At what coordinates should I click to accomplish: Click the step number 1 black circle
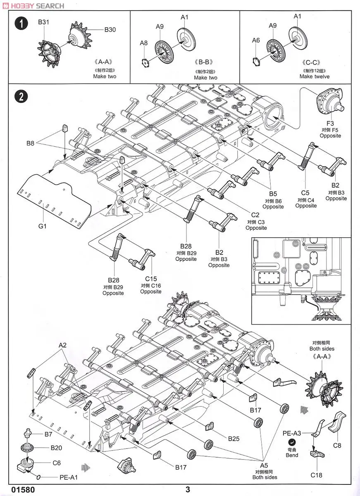21,24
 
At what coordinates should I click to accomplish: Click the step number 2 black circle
21,96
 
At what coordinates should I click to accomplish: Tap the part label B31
43,22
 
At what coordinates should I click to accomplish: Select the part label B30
110,29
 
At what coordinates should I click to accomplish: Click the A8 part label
143,43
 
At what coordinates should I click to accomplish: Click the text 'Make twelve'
315,76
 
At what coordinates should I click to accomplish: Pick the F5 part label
330,123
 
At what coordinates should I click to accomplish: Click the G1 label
43,226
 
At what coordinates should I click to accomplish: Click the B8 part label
30,143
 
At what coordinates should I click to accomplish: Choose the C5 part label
306,193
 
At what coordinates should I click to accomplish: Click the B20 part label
56,448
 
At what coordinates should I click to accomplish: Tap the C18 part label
316,475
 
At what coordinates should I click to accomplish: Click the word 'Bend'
292,455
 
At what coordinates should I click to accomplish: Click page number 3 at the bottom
188,489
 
